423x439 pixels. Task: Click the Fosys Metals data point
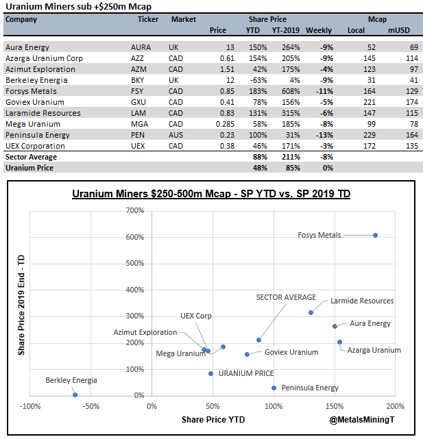tap(375, 235)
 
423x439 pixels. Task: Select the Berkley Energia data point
tap(75, 394)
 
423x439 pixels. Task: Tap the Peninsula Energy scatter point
tap(274, 388)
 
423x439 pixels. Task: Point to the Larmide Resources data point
tap(311, 312)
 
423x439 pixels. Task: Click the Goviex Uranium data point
tap(247, 354)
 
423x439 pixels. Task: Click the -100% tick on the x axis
tap(29, 406)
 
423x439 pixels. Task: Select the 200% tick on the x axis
tap(395, 406)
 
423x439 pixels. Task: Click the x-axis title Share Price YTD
tap(213, 418)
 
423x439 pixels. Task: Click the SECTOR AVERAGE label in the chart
tap(286, 297)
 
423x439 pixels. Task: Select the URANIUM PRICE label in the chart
tap(245, 373)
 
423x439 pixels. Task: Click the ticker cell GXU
tap(138, 102)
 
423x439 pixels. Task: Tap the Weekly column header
tap(318, 30)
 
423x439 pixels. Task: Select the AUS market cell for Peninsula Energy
tap(176, 135)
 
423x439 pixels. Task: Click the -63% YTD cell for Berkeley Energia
tap(256, 80)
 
